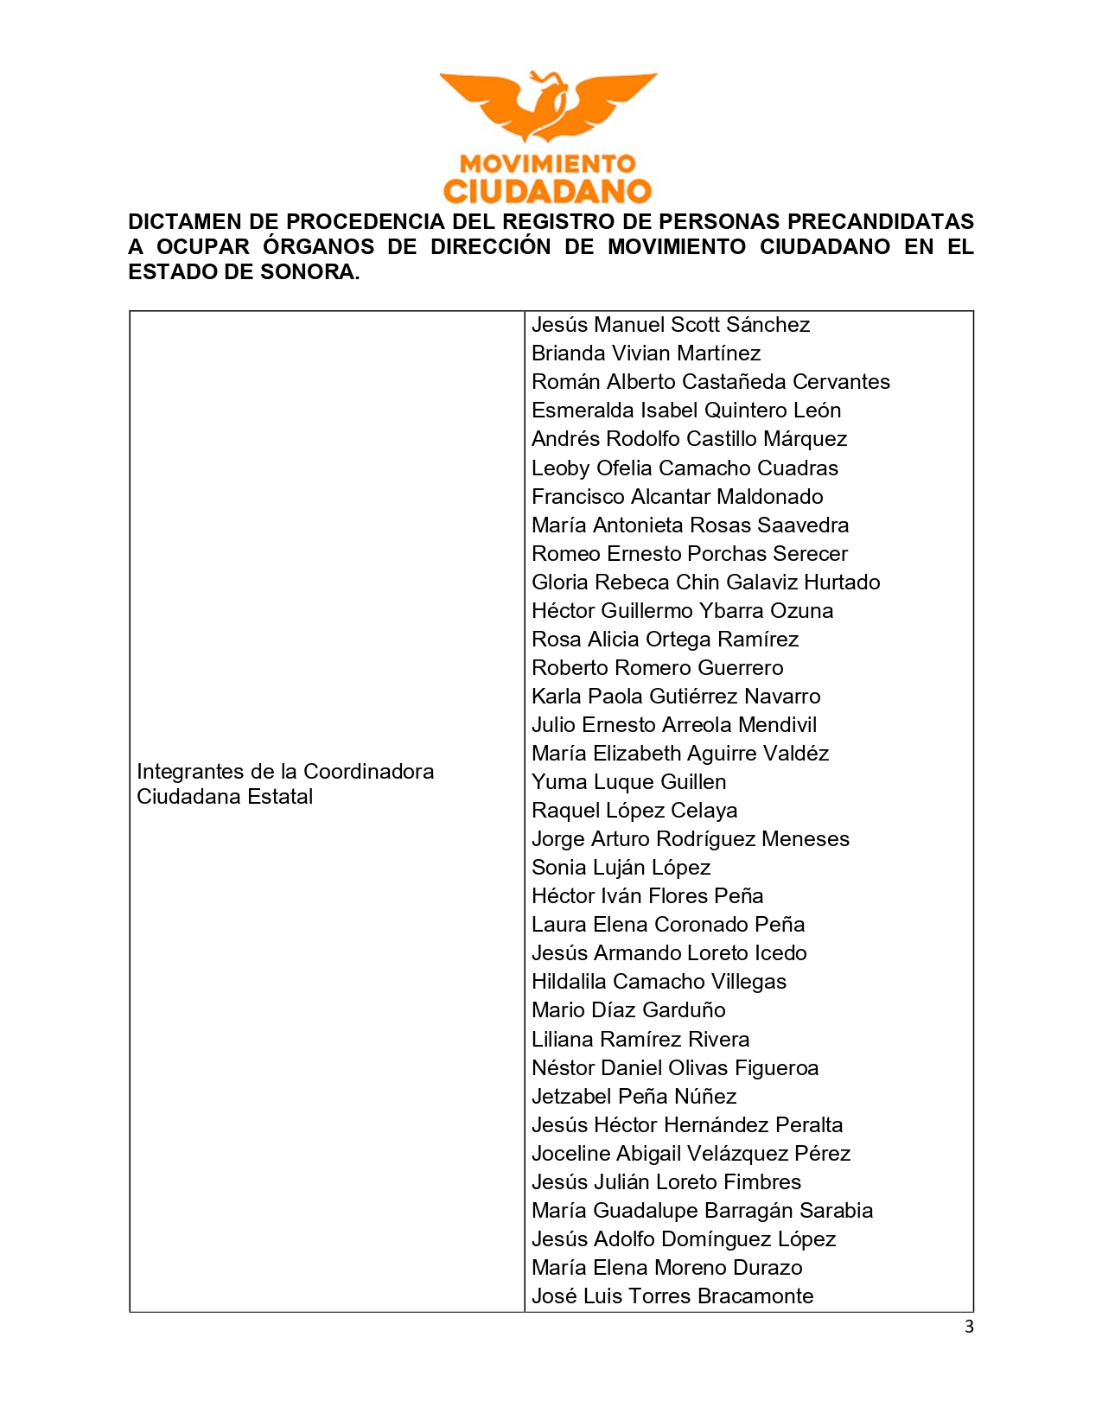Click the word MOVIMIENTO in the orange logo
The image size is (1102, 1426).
coord(547,163)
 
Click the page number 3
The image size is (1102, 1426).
coord(969,1327)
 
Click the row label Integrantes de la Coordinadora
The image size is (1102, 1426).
coord(285,772)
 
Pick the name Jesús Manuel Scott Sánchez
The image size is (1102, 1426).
coord(671,325)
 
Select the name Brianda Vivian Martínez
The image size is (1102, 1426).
coord(646,353)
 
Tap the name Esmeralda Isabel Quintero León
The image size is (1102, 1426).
coord(686,411)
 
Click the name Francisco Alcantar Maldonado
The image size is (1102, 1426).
coord(677,497)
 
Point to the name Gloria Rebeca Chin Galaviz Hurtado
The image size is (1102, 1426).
coord(705,582)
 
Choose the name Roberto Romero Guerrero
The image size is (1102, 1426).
coord(657,668)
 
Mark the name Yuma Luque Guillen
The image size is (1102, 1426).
coord(628,782)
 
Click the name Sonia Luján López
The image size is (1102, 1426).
coord(621,868)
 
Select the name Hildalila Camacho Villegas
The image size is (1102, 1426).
coord(659,982)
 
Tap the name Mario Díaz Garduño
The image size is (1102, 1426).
coord(628,1010)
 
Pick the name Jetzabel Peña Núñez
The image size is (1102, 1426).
coord(634,1097)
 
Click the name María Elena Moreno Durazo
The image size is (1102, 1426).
coord(666,1268)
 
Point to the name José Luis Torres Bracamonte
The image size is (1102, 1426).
coord(672,1296)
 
